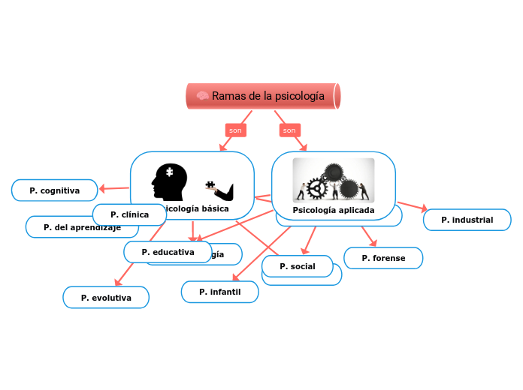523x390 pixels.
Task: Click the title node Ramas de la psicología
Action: tap(263, 96)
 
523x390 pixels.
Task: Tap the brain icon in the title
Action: tap(202, 96)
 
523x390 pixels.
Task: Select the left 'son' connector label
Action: tap(236, 130)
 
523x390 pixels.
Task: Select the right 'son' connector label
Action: tap(289, 130)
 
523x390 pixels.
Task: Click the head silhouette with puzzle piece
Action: tap(167, 182)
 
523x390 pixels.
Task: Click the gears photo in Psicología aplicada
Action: tap(333, 180)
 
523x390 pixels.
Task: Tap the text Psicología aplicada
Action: tap(333, 210)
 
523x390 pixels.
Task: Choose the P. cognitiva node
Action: tap(55, 190)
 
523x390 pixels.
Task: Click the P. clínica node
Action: tap(130, 214)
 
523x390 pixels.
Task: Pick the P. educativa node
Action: tap(168, 252)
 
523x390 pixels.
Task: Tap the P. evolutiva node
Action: tap(106, 298)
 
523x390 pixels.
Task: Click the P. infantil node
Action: tap(219, 292)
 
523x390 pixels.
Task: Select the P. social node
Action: tap(297, 266)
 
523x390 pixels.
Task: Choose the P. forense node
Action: tap(383, 258)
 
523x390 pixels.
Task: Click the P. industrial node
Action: tap(467, 220)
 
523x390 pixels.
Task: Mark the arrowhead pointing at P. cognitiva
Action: tap(104, 188)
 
